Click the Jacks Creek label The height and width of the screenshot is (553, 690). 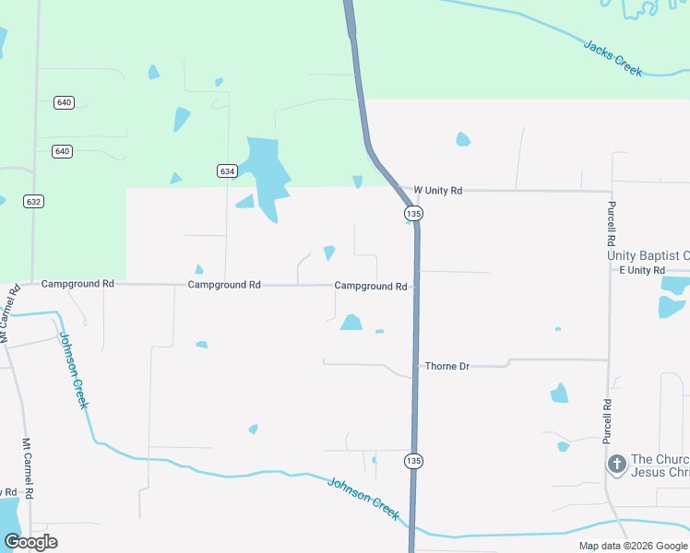tap(613, 57)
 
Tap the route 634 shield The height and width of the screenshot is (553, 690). tap(228, 171)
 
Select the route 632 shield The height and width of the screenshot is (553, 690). tap(34, 201)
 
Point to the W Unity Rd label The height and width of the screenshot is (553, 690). tap(437, 190)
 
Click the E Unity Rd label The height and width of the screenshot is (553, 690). tap(642, 270)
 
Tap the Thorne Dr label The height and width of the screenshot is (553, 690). tap(447, 366)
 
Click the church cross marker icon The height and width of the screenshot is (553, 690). tap(617, 464)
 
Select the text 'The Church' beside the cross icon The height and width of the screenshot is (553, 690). tap(660, 460)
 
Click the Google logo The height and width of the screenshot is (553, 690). tap(30, 542)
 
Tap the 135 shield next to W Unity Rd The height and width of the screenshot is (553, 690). tap(413, 214)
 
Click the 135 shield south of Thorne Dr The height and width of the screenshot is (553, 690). tap(414, 461)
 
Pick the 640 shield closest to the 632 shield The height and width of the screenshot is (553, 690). tap(62, 151)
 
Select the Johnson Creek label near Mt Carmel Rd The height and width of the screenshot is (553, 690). tap(75, 371)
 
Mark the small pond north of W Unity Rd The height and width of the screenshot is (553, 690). tap(463, 139)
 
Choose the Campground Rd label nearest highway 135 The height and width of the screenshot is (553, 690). tap(371, 287)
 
